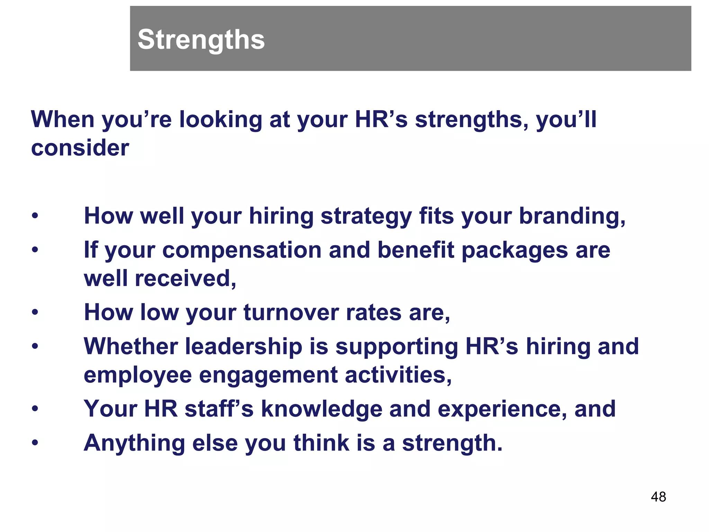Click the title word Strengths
pyautogui.click(x=201, y=39)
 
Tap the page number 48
pyautogui.click(x=658, y=497)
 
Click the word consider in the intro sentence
pyautogui.click(x=80, y=148)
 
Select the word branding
pyautogui.click(x=572, y=216)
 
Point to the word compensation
pyautogui.click(x=242, y=250)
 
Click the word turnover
pyautogui.click(x=291, y=312)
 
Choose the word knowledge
pyautogui.click(x=321, y=409)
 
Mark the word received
pyautogui.click(x=186, y=279)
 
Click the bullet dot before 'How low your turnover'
pyautogui.click(x=35, y=312)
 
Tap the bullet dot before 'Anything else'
pyautogui.click(x=35, y=443)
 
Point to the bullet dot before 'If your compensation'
pyautogui.click(x=35, y=250)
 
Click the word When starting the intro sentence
pyautogui.click(x=62, y=119)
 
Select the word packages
pyautogui.click(x=514, y=251)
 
